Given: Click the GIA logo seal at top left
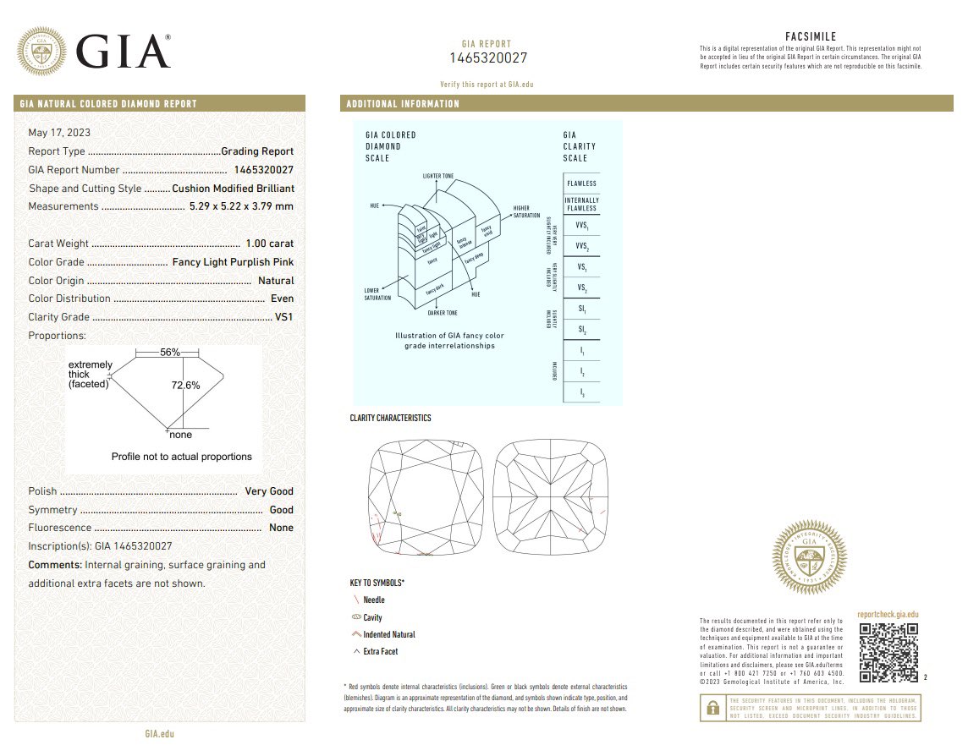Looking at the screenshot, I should click(x=43, y=51).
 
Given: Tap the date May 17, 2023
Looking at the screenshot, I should click(x=59, y=133).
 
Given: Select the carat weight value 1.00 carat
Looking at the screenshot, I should click(x=269, y=244).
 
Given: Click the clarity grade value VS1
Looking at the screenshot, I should click(x=284, y=317).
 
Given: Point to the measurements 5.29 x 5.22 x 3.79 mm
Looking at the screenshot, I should click(x=240, y=206).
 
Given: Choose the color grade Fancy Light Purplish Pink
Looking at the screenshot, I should click(x=233, y=262).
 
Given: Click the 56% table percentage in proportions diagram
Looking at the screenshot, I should click(x=170, y=352).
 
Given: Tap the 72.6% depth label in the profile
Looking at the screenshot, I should click(x=185, y=385).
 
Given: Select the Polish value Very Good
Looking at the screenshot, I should click(x=269, y=491).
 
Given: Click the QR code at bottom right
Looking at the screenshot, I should click(x=888, y=653).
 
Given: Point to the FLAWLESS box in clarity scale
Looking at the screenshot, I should click(x=581, y=184).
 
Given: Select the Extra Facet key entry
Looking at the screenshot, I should click(x=380, y=652).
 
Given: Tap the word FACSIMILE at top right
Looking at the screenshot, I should click(x=811, y=36).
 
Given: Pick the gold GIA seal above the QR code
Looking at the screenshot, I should click(x=810, y=557).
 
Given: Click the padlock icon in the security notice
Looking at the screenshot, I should click(x=713, y=707).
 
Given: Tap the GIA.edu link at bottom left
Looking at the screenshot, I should click(x=159, y=734).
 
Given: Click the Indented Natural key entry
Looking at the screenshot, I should click(x=388, y=634).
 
